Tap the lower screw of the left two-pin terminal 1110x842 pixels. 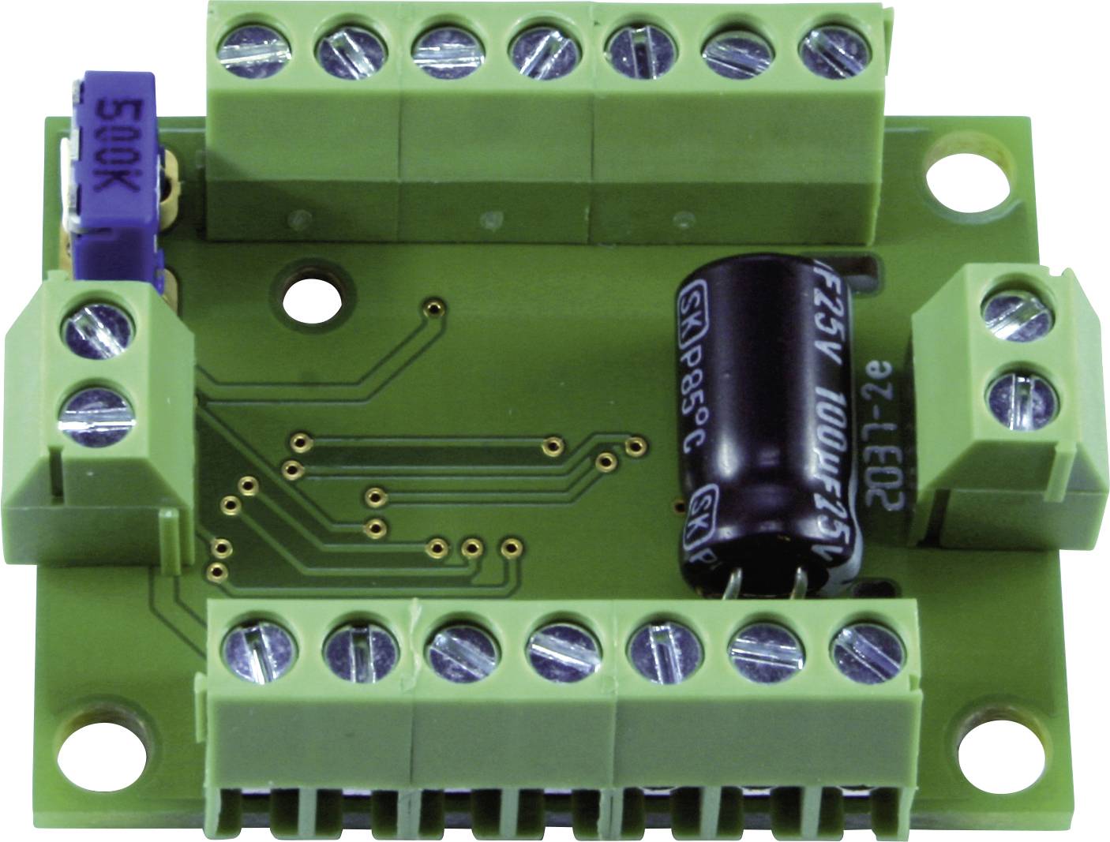click(97, 414)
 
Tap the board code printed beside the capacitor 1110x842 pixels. click(882, 443)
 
